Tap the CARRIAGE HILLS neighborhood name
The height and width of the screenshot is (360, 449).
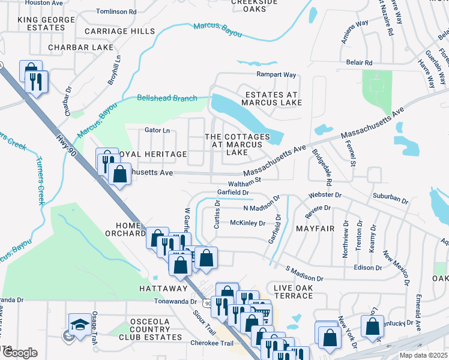119,31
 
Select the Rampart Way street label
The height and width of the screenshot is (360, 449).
277,75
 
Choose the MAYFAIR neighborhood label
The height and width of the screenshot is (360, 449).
315,229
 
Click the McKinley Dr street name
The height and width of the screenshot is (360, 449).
247,223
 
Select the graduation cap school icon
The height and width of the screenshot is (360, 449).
80,326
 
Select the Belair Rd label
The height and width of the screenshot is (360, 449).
359,62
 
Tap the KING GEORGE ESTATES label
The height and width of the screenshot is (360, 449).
46,24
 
